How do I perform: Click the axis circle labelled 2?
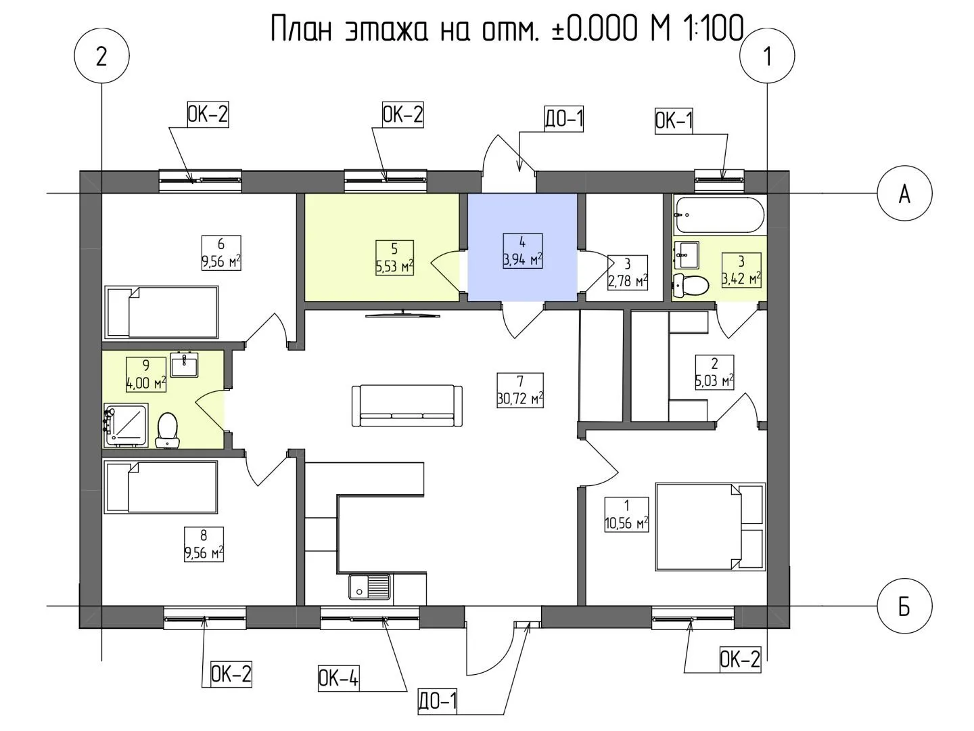[101, 56]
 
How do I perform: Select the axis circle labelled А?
[904, 194]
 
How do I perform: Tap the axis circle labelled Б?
[904, 606]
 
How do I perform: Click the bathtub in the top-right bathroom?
[718, 215]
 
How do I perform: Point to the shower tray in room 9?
[126, 425]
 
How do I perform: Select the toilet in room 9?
[168, 430]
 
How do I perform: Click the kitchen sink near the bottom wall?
[369, 588]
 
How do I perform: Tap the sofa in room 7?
[407, 405]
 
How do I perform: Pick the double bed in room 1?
[710, 527]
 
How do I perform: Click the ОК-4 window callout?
[339, 679]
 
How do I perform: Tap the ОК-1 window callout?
[674, 120]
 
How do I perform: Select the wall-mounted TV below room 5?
[403, 314]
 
